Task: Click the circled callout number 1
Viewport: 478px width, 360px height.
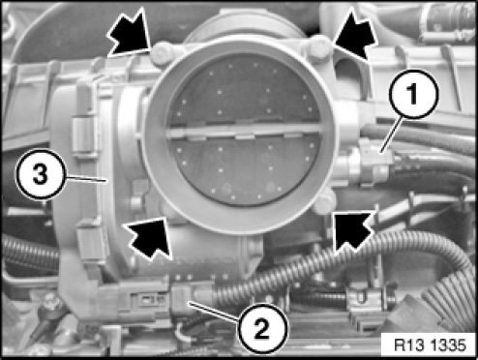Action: click(x=414, y=94)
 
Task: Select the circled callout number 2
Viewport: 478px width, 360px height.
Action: click(x=262, y=328)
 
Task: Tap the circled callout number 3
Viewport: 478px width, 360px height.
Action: click(x=41, y=174)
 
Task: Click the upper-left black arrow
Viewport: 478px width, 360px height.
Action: click(x=131, y=35)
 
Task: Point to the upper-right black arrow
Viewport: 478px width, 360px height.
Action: click(x=355, y=35)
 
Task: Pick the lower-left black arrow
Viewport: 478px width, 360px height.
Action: click(x=148, y=237)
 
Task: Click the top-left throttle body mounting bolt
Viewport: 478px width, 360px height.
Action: click(x=162, y=53)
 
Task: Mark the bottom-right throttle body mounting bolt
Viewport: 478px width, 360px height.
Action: click(x=324, y=201)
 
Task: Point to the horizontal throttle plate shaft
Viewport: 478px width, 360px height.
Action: click(x=244, y=131)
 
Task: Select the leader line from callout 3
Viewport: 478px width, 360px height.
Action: click(x=86, y=179)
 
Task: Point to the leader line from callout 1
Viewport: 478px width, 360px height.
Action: click(x=392, y=135)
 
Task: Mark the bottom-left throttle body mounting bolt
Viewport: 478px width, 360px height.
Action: click(x=167, y=210)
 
